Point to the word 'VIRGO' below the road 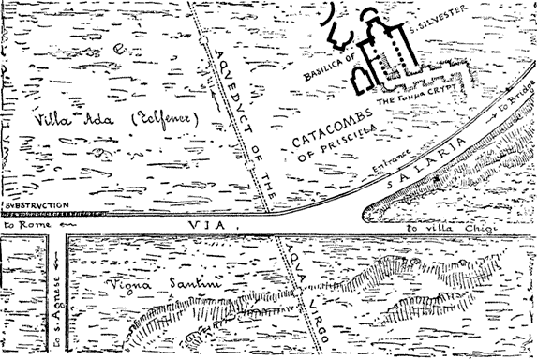pyautogui.click(x=307, y=324)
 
